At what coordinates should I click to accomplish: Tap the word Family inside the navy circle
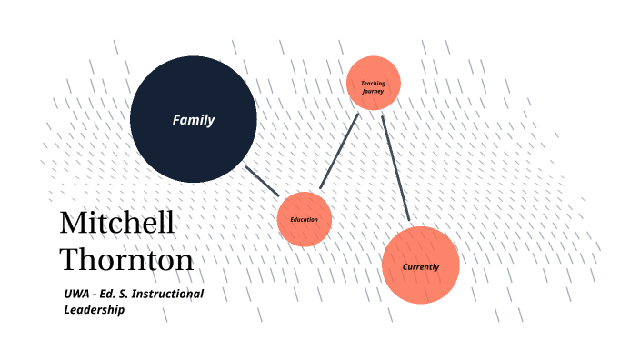[x=194, y=119]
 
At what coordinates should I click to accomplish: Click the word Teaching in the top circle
[x=374, y=84]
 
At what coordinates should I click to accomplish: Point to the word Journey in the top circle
[x=374, y=91]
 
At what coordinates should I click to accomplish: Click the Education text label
[x=305, y=220]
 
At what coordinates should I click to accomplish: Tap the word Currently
[x=421, y=267]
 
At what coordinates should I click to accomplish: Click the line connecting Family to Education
[x=263, y=181]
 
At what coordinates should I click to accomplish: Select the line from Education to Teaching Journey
[x=339, y=151]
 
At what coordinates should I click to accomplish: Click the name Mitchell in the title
[x=116, y=224]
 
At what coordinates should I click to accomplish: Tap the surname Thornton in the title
[x=126, y=260]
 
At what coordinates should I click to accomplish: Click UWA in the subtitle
[x=77, y=294]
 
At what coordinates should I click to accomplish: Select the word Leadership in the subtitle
[x=94, y=310]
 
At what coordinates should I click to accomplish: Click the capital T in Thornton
[x=69, y=260]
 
